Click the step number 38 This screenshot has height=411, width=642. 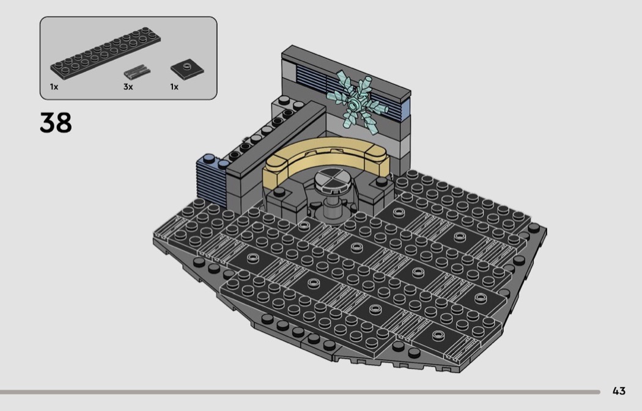tap(56, 123)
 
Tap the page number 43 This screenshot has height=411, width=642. tap(619, 391)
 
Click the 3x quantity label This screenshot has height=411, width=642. tap(128, 87)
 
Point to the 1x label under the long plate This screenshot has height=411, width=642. tap(54, 87)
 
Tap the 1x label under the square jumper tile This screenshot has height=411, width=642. tap(174, 87)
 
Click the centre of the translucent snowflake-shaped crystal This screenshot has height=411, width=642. tap(355, 103)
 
